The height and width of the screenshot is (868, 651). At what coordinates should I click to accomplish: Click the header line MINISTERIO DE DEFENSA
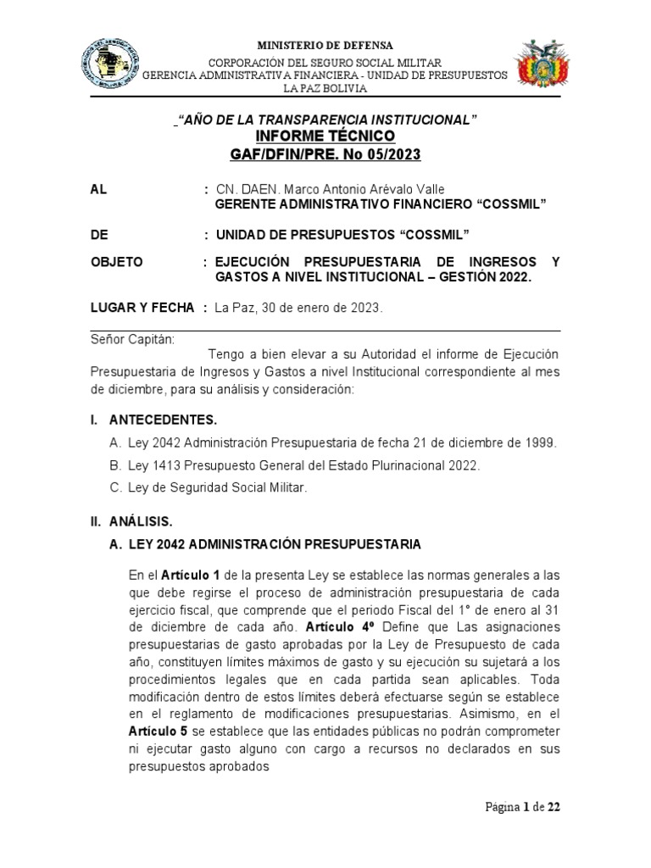click(325, 45)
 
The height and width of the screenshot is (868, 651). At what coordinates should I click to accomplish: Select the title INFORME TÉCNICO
click(325, 136)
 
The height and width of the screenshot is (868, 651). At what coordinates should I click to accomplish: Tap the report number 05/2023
click(389, 154)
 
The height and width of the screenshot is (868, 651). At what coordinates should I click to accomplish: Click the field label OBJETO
click(117, 262)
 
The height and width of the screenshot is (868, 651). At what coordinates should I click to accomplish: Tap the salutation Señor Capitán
click(131, 339)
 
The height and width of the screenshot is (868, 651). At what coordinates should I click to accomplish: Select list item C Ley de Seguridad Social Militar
click(212, 488)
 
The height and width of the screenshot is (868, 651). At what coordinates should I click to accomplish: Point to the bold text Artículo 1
click(191, 576)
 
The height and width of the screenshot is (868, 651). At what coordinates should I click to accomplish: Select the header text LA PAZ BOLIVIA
click(325, 88)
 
